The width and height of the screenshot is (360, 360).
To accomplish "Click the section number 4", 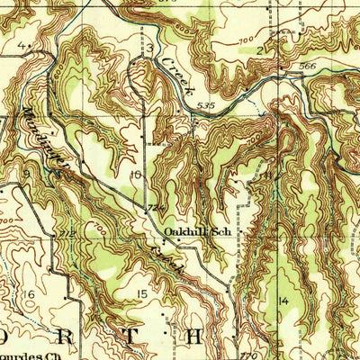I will (19, 44).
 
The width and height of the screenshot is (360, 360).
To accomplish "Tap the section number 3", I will (150, 46).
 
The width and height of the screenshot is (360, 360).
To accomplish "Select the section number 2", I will (259, 51).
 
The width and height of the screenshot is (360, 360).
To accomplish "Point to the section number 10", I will (135, 174).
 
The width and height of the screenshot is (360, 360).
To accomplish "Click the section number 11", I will (267, 174).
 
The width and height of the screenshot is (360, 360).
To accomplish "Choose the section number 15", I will (141, 294).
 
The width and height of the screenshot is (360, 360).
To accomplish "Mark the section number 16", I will (29, 294).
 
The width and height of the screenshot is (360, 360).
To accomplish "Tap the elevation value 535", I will (204, 105).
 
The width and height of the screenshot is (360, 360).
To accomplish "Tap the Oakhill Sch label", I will (194, 230).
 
